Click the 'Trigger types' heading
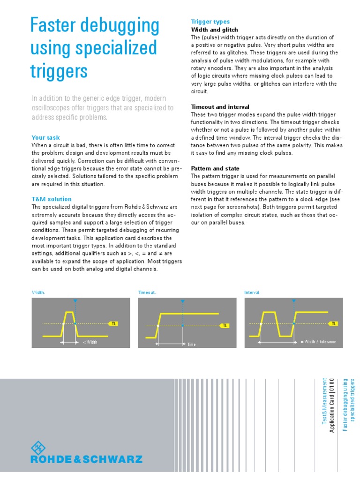point(210,22)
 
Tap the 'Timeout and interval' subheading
point(220,107)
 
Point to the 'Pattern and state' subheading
point(215,168)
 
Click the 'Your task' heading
point(45,137)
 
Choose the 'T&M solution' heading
point(52,199)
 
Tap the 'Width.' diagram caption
point(38,292)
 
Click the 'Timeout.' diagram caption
point(147,292)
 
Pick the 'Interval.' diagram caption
point(253,292)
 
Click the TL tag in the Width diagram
point(113,323)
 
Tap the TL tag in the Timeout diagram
point(225,325)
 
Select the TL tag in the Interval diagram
point(334,323)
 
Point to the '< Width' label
point(90,342)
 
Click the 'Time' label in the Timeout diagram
point(191,345)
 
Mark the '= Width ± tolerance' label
point(318,342)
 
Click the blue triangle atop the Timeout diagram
point(183,301)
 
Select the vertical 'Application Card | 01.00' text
point(332,406)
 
